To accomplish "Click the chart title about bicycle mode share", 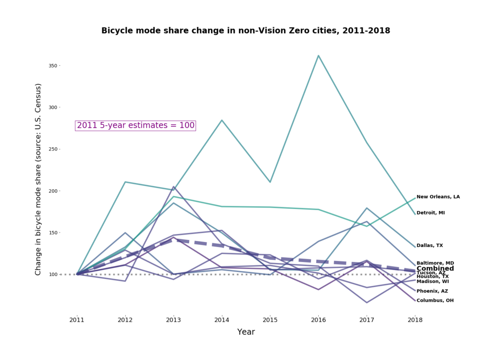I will pos(246,31).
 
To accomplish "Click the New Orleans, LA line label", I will pos(438,197).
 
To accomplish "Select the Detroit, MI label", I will pos(430,213).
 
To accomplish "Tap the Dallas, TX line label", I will pos(429,246).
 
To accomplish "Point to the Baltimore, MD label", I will pos(435,263).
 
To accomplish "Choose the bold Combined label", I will pos(435,269).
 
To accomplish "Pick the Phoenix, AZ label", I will pos(432,291).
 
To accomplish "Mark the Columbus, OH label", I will pos(435,300).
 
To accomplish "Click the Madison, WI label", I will pos(432,281).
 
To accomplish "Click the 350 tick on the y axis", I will pos(52,66).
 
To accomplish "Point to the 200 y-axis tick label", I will pos(52,191).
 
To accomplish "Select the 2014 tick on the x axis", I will pos(222,320).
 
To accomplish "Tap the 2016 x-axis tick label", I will pos(318,320).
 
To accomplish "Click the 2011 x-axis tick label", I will pos(77,320).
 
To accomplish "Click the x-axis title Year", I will pos(246,332).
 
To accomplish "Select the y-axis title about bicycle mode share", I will pos(38,180).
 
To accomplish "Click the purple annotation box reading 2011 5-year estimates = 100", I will pos(135,126).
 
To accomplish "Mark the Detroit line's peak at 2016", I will pos(318,56).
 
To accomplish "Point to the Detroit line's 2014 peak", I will pos(222,120).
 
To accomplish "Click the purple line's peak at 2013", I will pos(173,187).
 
